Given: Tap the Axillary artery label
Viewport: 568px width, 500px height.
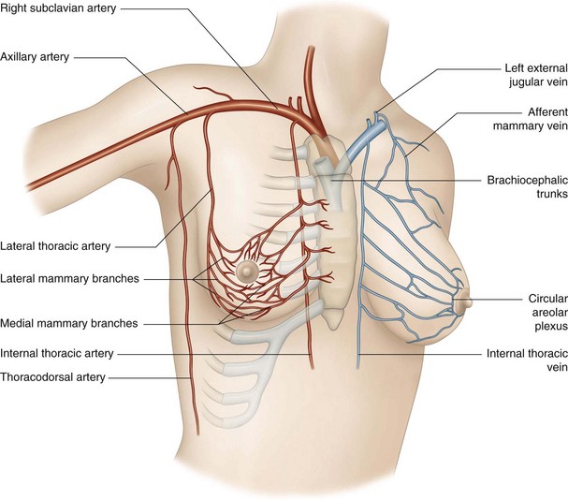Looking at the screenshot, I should click(x=36, y=56).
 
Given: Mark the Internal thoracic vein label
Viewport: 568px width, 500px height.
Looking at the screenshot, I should click(x=524, y=361).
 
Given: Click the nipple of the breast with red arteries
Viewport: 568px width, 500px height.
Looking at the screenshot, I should click(x=247, y=271).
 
